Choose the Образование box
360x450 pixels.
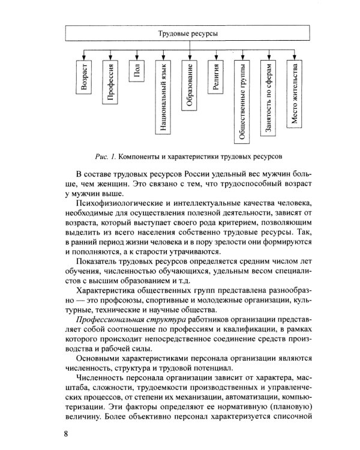[x=188, y=85]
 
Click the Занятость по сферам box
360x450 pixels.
[x=269, y=97]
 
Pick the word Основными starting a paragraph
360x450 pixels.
[x=98, y=359]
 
